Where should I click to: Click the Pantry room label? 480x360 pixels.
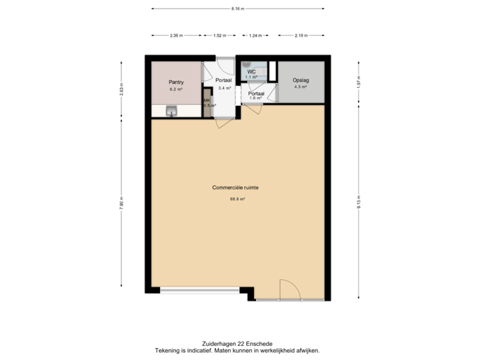[176, 82]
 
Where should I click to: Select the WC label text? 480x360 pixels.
[251, 71]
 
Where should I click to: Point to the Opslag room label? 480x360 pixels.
[301, 81]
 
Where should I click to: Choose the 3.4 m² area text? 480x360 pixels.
[224, 88]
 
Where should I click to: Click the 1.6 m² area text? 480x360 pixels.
[255, 99]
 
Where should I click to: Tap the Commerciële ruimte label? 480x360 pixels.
[235, 188]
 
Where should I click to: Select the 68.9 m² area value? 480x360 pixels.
[237, 199]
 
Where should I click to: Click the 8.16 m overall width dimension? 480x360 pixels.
[237, 9]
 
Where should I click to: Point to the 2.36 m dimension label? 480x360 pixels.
[176, 35]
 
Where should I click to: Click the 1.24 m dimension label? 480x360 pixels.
[253, 35]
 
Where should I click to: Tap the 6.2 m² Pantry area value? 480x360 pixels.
[176, 89]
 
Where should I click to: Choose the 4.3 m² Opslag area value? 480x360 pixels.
[301, 87]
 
